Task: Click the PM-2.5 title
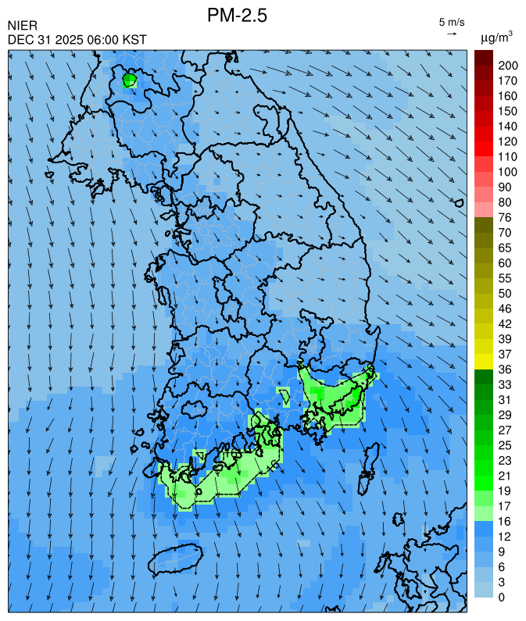(237, 15)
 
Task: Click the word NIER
(21, 27)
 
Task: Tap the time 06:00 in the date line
(100, 40)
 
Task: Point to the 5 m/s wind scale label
(452, 21)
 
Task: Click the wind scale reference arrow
(452, 34)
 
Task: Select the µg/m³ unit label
(496, 37)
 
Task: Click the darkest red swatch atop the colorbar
(483, 57)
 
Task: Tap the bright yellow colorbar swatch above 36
(483, 361)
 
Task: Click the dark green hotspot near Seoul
(130, 80)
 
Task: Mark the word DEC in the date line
(20, 40)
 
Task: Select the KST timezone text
(134, 40)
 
